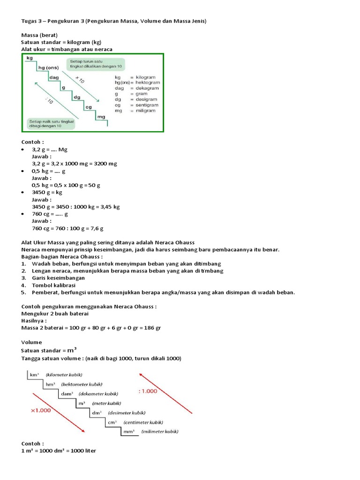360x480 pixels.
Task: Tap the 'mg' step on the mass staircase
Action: coord(101,116)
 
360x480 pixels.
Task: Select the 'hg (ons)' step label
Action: coord(48,67)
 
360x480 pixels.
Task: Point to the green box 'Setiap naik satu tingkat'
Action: coord(49,124)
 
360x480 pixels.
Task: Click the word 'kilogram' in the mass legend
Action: coord(146,77)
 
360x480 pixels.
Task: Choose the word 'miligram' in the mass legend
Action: coord(146,111)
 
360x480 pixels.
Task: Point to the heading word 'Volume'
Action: coord(31,342)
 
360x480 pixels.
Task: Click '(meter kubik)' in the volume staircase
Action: coord(106,403)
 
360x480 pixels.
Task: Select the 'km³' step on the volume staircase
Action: coord(34,375)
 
